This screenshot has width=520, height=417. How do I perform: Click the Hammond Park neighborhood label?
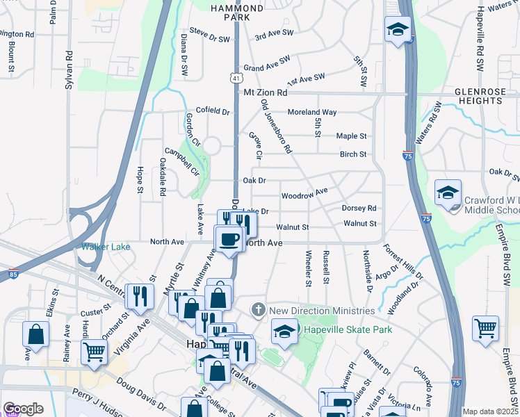click(238, 13)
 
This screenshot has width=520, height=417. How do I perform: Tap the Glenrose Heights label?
click(478, 96)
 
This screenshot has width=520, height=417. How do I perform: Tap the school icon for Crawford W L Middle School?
click(448, 193)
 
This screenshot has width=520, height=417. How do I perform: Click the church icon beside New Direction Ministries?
click(259, 309)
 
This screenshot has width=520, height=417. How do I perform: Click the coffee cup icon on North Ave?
click(229, 240)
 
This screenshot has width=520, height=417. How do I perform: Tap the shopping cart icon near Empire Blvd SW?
click(485, 328)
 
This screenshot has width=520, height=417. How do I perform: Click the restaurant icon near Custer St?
click(139, 296)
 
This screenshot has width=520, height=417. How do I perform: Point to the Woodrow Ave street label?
click(304, 193)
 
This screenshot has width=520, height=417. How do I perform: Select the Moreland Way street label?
click(313, 112)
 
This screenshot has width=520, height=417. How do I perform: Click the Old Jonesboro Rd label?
click(277, 126)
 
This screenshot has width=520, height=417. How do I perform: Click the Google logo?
click(23, 409)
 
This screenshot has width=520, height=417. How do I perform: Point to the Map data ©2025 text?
click(490, 411)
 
